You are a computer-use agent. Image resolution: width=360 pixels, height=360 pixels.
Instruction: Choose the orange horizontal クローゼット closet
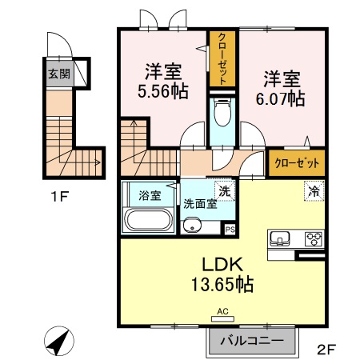click(297, 162)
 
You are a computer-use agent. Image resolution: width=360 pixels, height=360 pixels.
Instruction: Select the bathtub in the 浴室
click(148, 219)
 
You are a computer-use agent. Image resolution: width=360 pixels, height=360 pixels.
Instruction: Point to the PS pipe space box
click(230, 230)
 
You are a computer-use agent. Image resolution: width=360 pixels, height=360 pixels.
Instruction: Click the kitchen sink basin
click(281, 238)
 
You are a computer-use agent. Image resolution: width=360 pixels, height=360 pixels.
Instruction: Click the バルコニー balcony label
click(250, 340)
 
